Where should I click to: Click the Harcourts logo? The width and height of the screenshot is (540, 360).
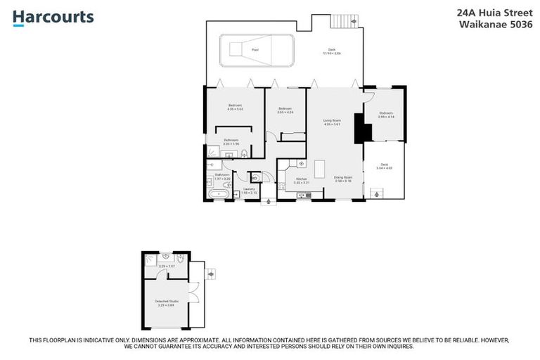tap(53, 18)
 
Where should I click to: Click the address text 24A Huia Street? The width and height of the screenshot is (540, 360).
tap(494, 12)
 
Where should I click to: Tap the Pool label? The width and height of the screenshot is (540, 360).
tap(255, 49)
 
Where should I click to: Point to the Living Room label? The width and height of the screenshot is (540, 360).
tap(332, 122)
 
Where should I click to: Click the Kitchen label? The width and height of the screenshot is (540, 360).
tap(301, 180)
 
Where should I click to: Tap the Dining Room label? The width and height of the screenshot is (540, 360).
tap(342, 179)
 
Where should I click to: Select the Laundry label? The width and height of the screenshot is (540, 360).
tap(248, 190)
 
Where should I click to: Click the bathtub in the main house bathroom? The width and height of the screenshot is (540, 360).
tap(219, 193)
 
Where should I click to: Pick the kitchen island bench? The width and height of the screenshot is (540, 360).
tap(320, 169)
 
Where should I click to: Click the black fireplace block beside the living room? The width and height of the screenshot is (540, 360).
tap(359, 129)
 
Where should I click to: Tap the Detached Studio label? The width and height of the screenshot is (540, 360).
tap(167, 302)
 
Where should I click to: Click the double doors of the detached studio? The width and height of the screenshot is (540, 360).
tap(193, 292)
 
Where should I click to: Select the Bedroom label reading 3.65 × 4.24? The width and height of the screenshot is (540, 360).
tap(285, 110)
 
